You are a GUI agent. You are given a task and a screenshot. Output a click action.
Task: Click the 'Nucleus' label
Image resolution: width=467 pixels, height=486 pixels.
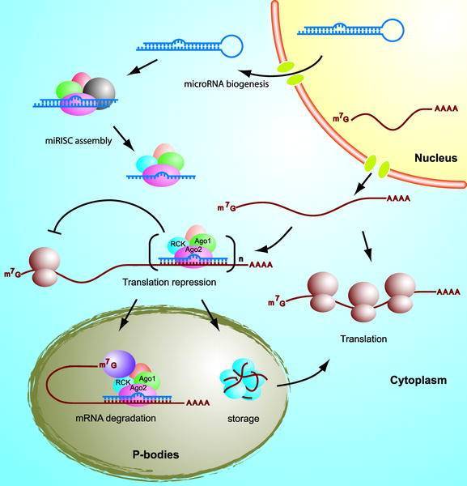coord(435,158)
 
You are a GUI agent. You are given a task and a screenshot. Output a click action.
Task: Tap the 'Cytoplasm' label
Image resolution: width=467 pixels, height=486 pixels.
coord(418,381)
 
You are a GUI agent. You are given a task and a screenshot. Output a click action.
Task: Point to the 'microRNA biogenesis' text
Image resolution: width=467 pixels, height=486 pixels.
coord(227,84)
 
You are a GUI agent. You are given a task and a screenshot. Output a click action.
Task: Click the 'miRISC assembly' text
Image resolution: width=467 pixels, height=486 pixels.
coord(79,141)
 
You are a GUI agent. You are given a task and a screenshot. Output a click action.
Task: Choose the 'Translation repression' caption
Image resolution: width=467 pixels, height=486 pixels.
coord(169,283)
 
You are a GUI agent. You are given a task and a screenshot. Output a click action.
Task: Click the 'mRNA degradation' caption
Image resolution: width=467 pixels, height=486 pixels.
coord(116,418)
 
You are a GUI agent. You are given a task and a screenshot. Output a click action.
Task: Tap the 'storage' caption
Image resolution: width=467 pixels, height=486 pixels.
coord(243,419)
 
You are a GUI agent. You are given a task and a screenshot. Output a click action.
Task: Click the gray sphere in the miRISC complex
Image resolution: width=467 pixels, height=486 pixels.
coord(99,92)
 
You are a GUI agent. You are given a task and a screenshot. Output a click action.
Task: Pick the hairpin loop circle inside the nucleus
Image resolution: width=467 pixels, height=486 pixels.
coord(393,30)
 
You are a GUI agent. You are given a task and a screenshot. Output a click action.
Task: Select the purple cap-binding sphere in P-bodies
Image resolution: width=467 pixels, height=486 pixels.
coord(119,364)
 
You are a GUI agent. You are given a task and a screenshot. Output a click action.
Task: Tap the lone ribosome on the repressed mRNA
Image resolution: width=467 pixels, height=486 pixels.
coord(45,266)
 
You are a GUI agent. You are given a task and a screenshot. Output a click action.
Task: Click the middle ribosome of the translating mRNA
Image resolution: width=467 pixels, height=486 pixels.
coord(363,301)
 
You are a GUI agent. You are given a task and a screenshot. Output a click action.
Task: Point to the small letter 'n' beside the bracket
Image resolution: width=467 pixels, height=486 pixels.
coord(241,259)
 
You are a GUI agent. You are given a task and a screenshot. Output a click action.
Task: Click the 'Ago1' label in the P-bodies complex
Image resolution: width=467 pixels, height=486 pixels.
coord(147,379)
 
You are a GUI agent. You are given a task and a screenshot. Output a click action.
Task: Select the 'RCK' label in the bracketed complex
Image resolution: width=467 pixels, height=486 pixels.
coord(178,244)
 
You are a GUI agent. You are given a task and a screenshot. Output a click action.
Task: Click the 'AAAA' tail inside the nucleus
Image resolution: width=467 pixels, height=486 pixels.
coord(446,109)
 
